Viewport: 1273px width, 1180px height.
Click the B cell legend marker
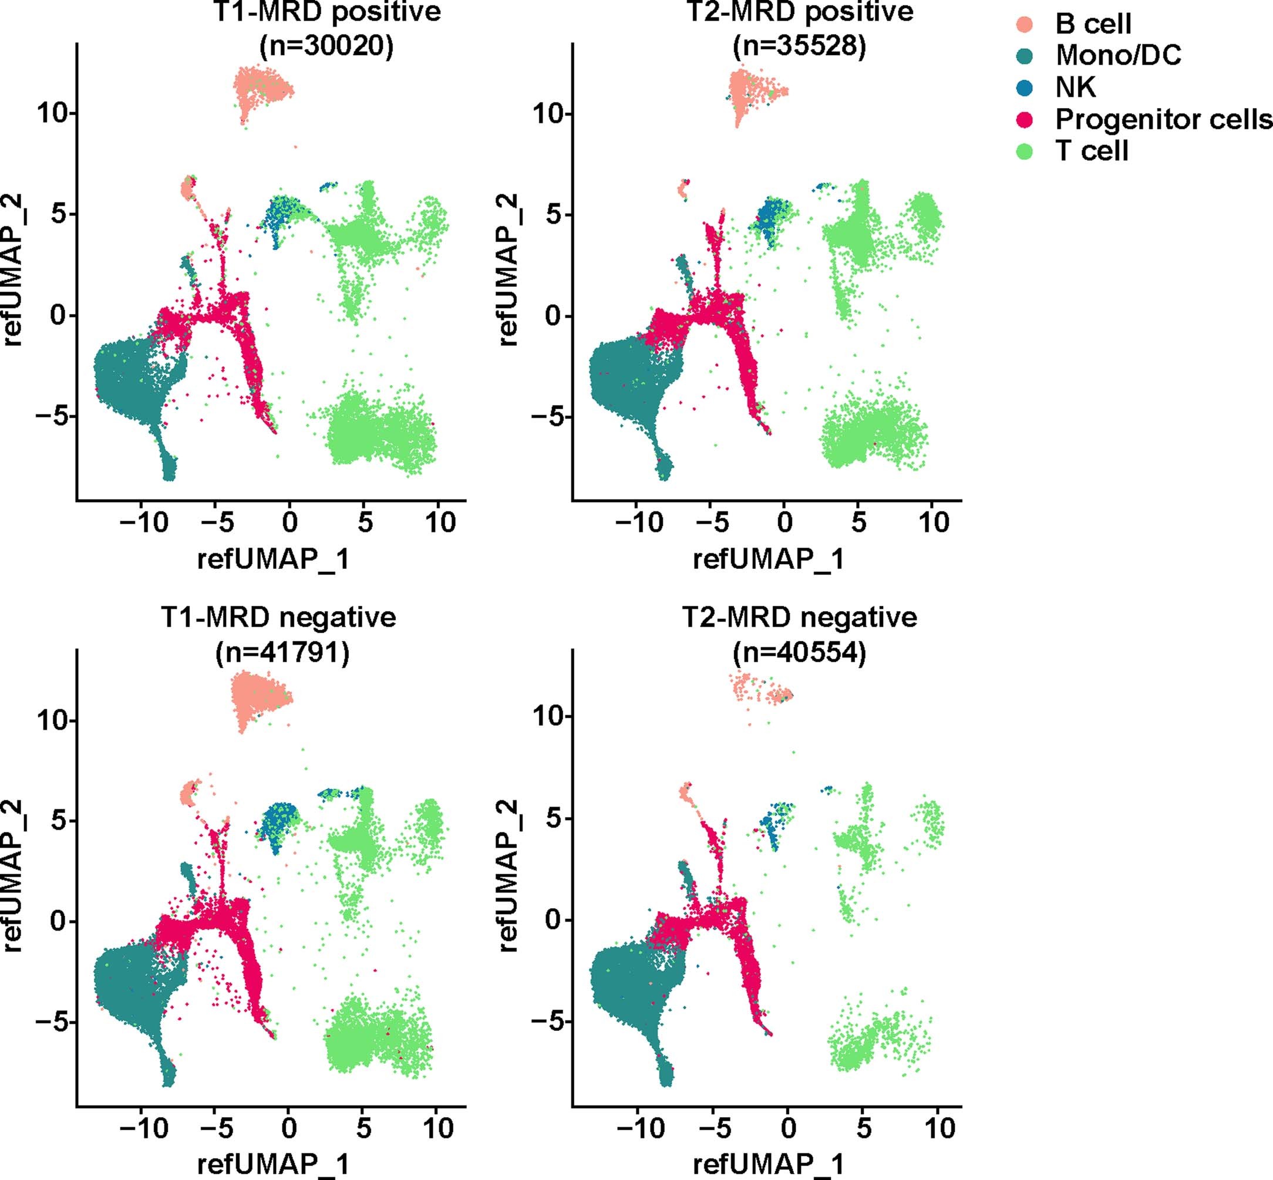tap(1024, 24)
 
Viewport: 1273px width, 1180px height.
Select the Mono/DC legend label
tap(1118, 56)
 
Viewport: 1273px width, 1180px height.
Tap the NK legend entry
tap(1075, 87)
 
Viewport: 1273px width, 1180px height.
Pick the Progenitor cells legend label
tap(1163, 119)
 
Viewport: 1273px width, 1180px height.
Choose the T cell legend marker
tap(1024, 151)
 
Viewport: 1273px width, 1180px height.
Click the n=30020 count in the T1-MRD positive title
tap(326, 46)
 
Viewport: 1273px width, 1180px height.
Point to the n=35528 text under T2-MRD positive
tap(799, 46)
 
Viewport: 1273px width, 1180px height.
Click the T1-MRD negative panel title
tap(278, 618)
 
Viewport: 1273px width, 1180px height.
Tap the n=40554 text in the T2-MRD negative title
tap(799, 653)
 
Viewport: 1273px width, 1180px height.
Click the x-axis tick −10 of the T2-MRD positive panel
tap(639, 522)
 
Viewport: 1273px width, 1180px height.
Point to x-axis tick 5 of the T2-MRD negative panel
tap(864, 1128)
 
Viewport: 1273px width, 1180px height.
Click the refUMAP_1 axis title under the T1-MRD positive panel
tap(274, 559)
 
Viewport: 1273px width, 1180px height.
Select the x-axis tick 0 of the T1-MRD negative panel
tap(289, 1128)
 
